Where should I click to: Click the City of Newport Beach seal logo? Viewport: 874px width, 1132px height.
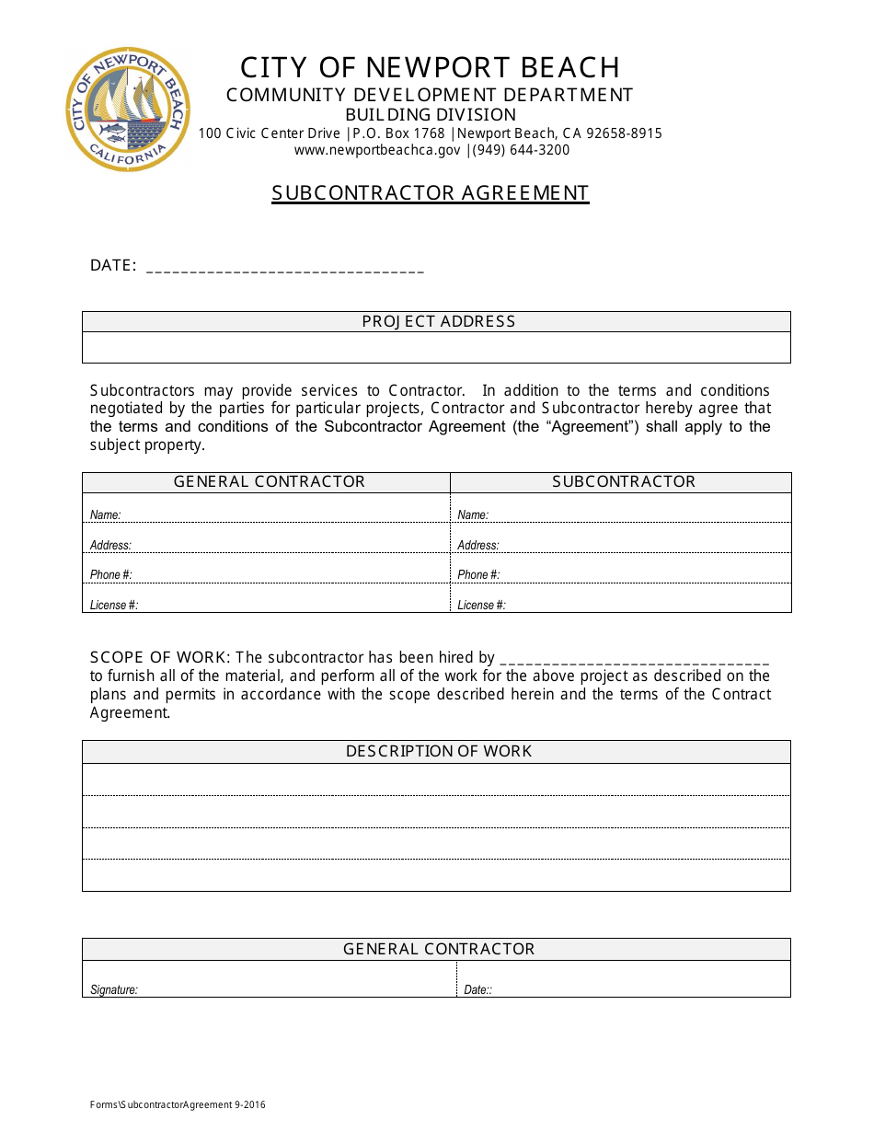coord(128,109)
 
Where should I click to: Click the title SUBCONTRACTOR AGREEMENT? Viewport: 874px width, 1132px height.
coord(430,193)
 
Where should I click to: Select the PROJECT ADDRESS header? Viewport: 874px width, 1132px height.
coord(438,321)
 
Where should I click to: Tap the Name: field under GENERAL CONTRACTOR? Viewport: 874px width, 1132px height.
coord(267,512)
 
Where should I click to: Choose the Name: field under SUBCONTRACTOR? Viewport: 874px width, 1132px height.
coord(621,512)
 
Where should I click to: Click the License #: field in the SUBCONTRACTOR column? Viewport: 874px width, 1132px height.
coord(621,602)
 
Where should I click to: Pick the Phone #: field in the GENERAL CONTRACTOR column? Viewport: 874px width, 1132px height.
coord(267,572)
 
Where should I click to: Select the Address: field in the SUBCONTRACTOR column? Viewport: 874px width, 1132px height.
coord(621,542)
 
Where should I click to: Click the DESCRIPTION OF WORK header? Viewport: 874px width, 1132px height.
coord(438,751)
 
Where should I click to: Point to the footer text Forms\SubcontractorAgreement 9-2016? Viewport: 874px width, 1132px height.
coord(178,1104)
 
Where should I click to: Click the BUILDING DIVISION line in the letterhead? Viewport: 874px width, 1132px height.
coord(430,115)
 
